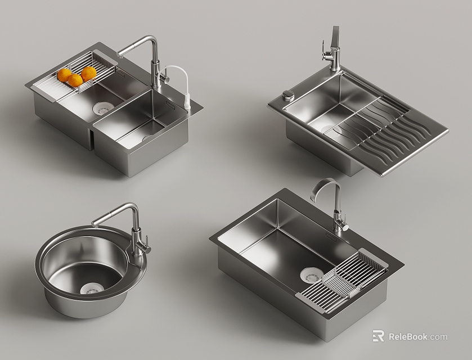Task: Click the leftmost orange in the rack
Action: pyautogui.click(x=65, y=75)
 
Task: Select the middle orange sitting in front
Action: pyautogui.click(x=75, y=80)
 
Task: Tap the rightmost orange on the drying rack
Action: pyautogui.click(x=89, y=74)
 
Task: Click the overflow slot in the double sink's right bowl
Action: pyautogui.click(x=170, y=104)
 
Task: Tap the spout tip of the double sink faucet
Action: pyautogui.click(x=120, y=53)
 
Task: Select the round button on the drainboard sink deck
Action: pyautogui.click(x=288, y=94)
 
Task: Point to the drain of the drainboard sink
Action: pyautogui.click(x=329, y=130)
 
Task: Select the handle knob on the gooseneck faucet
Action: pyautogui.click(x=344, y=228)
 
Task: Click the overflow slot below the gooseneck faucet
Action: pyautogui.click(x=331, y=238)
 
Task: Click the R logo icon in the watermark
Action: pyautogui.click(x=379, y=336)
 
